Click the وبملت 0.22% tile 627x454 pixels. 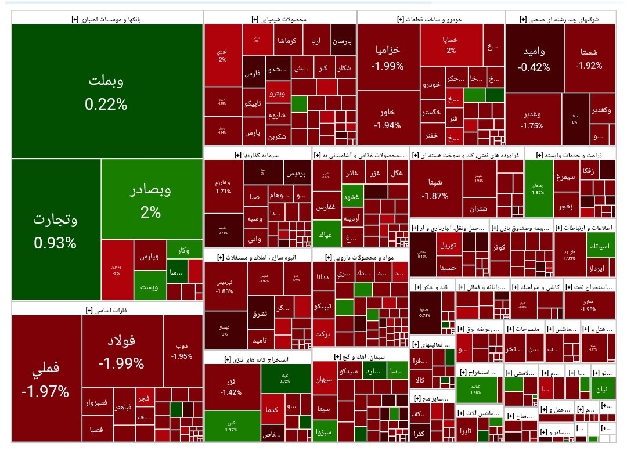coord(106,91)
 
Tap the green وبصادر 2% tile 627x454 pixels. coord(151,199)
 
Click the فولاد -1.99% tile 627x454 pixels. coord(121,354)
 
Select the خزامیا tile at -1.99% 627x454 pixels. coord(388,57)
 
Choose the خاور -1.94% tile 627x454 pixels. coord(388,118)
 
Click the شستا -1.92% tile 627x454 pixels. coord(589,58)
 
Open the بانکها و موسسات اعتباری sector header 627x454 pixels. coord(106,19)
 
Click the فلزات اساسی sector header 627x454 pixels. coord(106,309)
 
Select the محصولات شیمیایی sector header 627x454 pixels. coord(280,19)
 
